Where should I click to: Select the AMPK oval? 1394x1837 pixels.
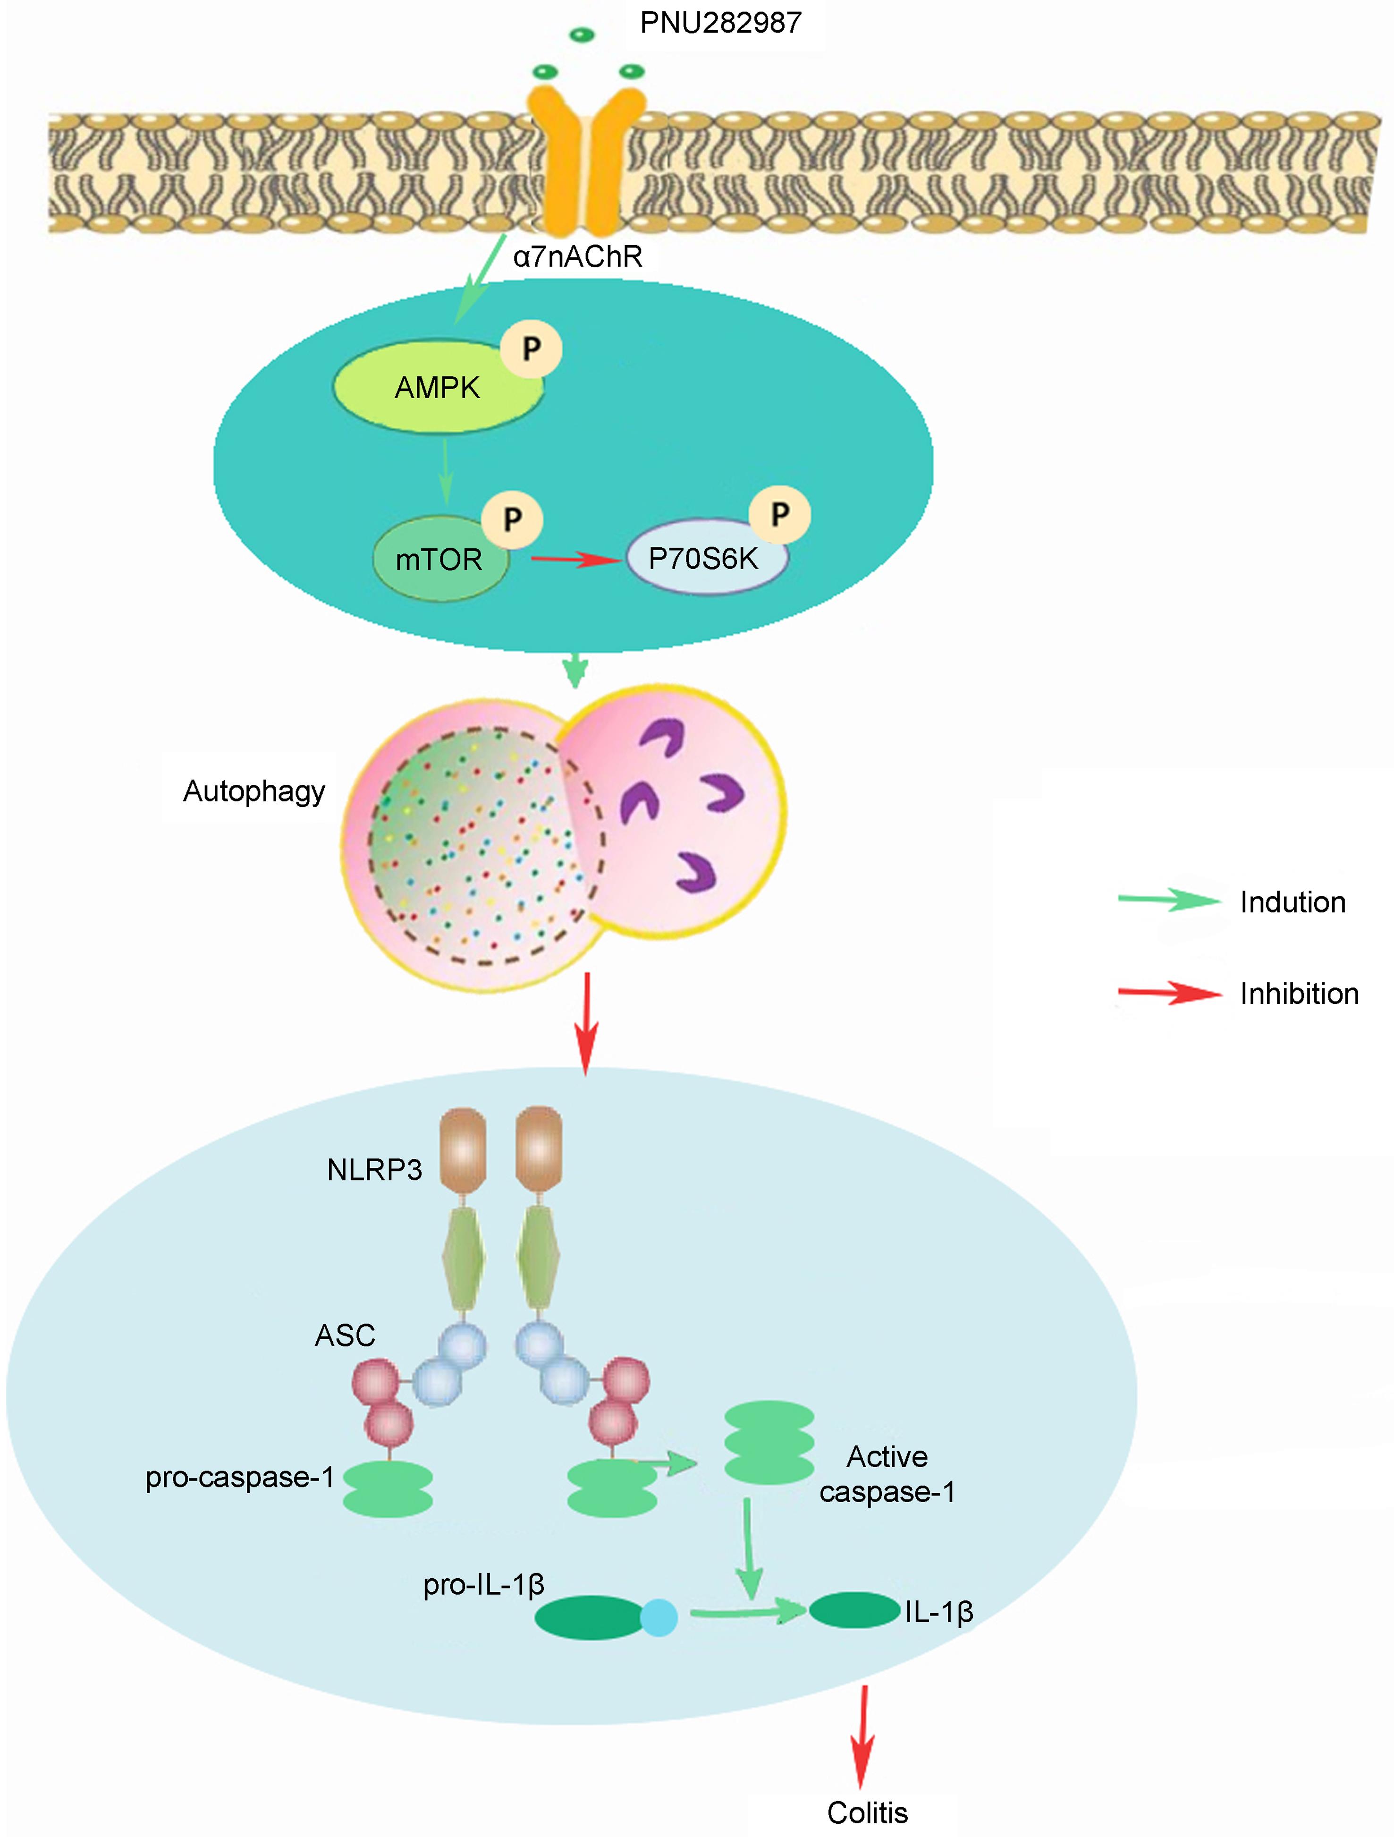coord(438,388)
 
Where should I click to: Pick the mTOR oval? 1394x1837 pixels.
coord(439,560)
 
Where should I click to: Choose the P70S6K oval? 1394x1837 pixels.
coord(704,558)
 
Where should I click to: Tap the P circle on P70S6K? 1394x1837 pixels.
coord(779,515)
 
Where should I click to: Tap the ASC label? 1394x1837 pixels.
coord(346,1335)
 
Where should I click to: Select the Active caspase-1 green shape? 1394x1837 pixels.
coord(769,1443)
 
